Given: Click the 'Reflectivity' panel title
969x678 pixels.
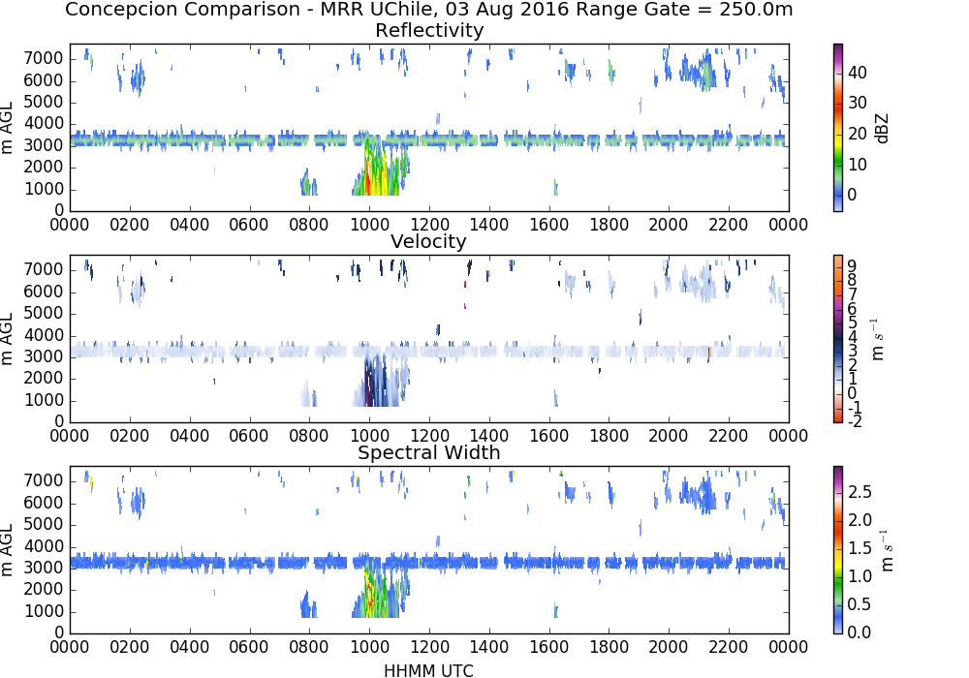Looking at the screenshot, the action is (x=429, y=30).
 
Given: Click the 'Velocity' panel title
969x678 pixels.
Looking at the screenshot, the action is (x=428, y=241).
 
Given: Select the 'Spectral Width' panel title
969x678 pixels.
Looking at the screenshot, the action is (x=429, y=452).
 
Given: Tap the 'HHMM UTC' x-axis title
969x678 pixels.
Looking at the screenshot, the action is (x=428, y=670).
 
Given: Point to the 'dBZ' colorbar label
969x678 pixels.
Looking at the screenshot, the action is (x=882, y=129).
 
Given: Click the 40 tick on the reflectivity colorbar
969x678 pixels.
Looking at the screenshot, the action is (x=858, y=73).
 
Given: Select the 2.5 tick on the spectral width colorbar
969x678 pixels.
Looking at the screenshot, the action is (x=860, y=491).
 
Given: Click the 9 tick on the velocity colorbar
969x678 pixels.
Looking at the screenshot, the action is (x=852, y=266).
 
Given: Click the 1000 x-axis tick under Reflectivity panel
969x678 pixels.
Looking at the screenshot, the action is (x=369, y=224).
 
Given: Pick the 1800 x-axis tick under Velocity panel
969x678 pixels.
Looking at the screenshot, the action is (x=609, y=435).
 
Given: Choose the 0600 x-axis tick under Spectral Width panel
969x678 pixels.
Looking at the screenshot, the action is (x=249, y=646).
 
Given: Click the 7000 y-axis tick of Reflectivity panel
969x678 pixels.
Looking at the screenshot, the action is (x=44, y=59).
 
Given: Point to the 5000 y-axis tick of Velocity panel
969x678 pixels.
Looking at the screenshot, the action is (x=44, y=314).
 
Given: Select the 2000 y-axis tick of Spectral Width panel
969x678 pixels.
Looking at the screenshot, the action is (x=44, y=590).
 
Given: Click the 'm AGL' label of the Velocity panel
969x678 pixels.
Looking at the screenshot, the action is (x=7, y=339).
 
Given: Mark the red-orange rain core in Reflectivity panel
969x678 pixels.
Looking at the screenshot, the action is (x=367, y=176).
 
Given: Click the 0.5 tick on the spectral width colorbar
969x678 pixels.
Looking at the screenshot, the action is (x=860, y=603).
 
